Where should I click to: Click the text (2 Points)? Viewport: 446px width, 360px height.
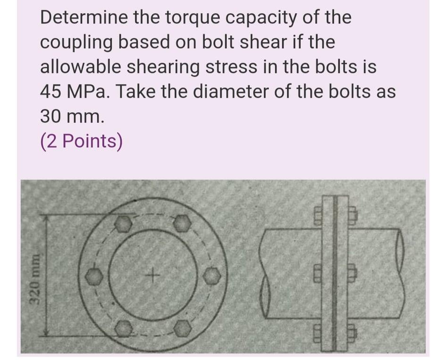(81, 141)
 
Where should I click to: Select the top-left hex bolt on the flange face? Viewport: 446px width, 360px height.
(123, 223)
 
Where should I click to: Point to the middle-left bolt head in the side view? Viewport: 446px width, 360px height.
(317, 271)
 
